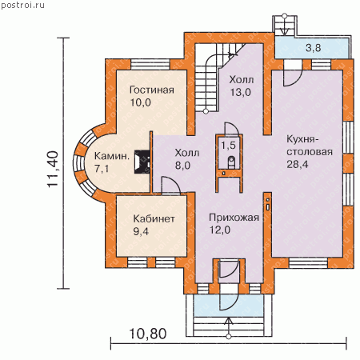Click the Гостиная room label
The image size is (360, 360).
(152, 90)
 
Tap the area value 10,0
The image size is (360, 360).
(141, 102)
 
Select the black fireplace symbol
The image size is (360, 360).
(142, 162)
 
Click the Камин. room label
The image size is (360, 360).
(112, 156)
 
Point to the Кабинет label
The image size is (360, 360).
(154, 219)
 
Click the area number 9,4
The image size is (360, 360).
(141, 231)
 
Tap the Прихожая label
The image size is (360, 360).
(234, 218)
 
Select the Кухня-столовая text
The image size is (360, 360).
(310, 146)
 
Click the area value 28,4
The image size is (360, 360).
(298, 164)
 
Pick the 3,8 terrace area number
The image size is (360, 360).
(313, 48)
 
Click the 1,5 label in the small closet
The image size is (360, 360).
(229, 146)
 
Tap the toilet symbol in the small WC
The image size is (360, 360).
(231, 162)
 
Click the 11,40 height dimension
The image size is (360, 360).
(53, 169)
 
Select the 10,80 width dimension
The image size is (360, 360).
(148, 334)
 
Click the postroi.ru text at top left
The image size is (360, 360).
(22, 6)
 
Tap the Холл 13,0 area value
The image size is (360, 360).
(240, 92)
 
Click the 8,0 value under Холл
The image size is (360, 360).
(182, 166)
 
